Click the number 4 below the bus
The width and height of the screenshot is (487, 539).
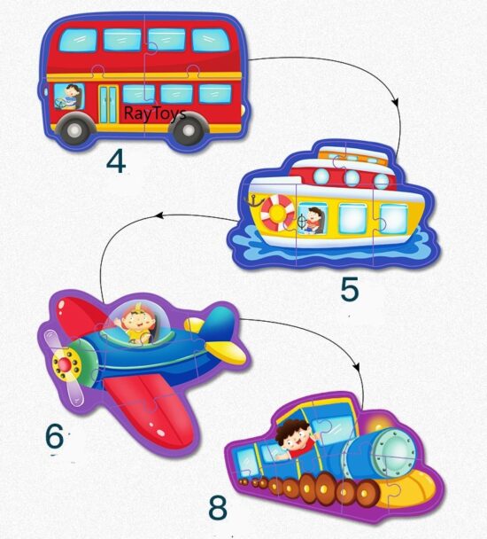point(117,161)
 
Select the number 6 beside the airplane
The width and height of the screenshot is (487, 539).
point(56,436)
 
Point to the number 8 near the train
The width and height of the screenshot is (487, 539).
point(218,508)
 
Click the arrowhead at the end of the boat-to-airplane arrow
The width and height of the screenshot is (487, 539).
point(158,215)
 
